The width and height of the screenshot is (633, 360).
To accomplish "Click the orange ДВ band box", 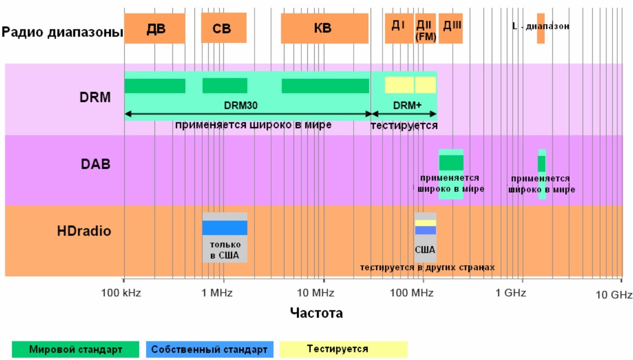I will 155,29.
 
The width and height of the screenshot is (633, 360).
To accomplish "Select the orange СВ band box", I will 224,29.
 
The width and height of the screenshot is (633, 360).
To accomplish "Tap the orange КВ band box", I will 324,29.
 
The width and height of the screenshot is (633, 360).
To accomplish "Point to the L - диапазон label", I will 541,26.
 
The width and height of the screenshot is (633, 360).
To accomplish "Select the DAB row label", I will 95,164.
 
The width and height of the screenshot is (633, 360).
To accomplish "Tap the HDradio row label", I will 84,231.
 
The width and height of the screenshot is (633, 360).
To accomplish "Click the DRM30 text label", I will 240,106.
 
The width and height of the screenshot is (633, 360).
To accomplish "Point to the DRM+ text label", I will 407,106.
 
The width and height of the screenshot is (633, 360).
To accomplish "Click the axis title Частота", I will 316,313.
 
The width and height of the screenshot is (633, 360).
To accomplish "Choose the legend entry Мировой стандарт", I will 75,349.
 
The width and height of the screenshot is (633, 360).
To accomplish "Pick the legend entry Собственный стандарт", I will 209,349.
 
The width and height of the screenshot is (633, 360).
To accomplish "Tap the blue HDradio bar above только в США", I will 225,228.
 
